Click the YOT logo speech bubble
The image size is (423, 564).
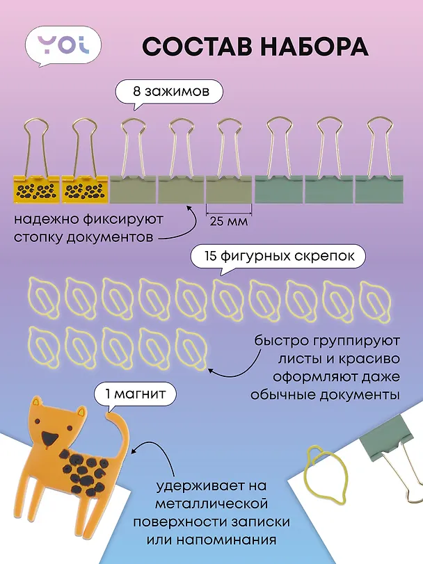click(63, 46)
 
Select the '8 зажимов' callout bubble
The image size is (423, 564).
click(168, 92)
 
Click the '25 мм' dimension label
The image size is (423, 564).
click(229, 220)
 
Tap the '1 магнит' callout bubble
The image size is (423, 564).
click(135, 395)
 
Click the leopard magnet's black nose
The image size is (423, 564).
click(49, 437)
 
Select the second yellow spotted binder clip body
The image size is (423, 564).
click(84, 189)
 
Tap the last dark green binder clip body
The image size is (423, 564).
click(379, 189)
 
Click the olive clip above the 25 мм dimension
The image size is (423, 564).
click(229, 189)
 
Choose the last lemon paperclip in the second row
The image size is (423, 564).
click(191, 348)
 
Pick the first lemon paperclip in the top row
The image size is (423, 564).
click(42, 299)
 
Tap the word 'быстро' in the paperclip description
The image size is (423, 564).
click(280, 341)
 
